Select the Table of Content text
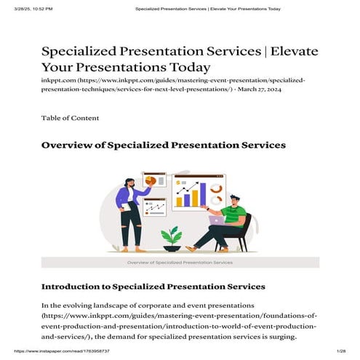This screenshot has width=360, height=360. [x=71, y=118]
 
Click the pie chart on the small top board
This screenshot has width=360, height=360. [x=151, y=180]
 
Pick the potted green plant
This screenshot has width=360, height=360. [x=172, y=236]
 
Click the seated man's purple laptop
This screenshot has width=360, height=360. [x=216, y=220]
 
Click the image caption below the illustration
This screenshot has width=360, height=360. [x=180, y=261]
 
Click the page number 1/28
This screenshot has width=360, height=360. [x=340, y=351]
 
